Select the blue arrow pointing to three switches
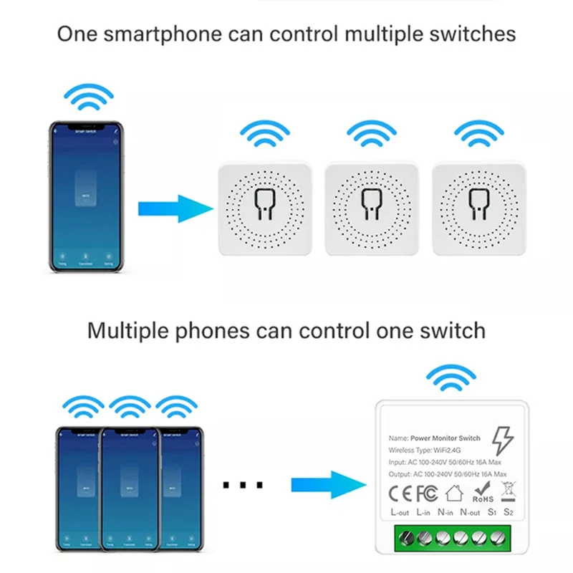click(175, 209)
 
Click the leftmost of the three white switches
click(265, 208)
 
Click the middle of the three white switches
click(372, 208)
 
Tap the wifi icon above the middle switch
click(372, 134)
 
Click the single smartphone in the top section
click(87, 197)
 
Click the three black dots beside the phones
click(243, 486)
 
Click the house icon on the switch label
click(454, 493)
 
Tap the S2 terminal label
click(509, 513)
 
